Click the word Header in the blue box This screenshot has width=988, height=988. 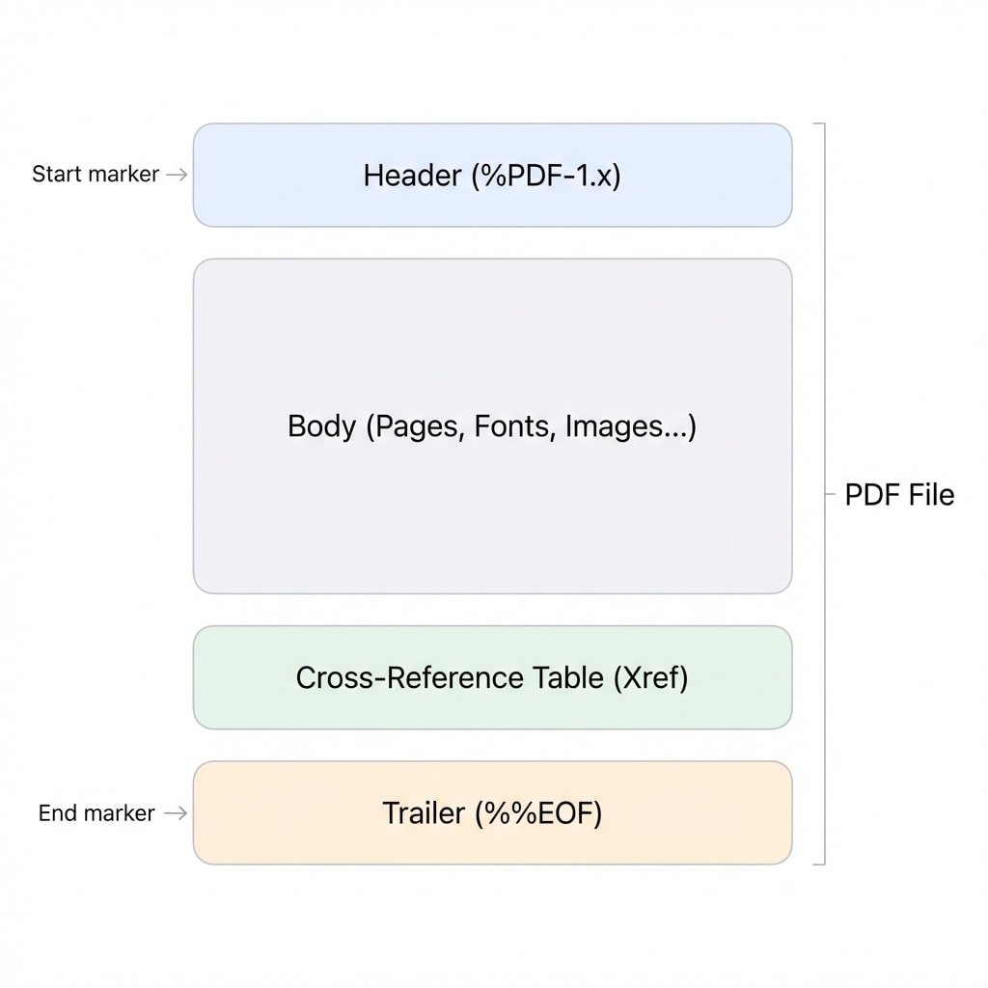(x=412, y=176)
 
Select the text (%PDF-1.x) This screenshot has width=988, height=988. (x=546, y=176)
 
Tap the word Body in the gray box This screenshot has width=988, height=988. (x=321, y=426)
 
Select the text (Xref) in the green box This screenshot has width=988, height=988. (x=650, y=677)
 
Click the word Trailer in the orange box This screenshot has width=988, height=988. (x=424, y=812)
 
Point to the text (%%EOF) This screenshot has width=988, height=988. (x=537, y=812)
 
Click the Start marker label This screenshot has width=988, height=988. (x=96, y=175)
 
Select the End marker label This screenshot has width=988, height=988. (x=96, y=813)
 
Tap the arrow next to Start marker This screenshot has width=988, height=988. (x=177, y=175)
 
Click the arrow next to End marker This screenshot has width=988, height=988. (x=176, y=813)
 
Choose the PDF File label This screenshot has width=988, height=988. (x=899, y=495)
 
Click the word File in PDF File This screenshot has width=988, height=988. (x=931, y=495)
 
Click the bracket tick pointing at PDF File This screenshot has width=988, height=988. (x=829, y=495)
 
